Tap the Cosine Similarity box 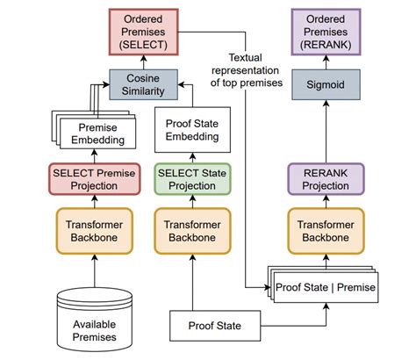tap(144, 85)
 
